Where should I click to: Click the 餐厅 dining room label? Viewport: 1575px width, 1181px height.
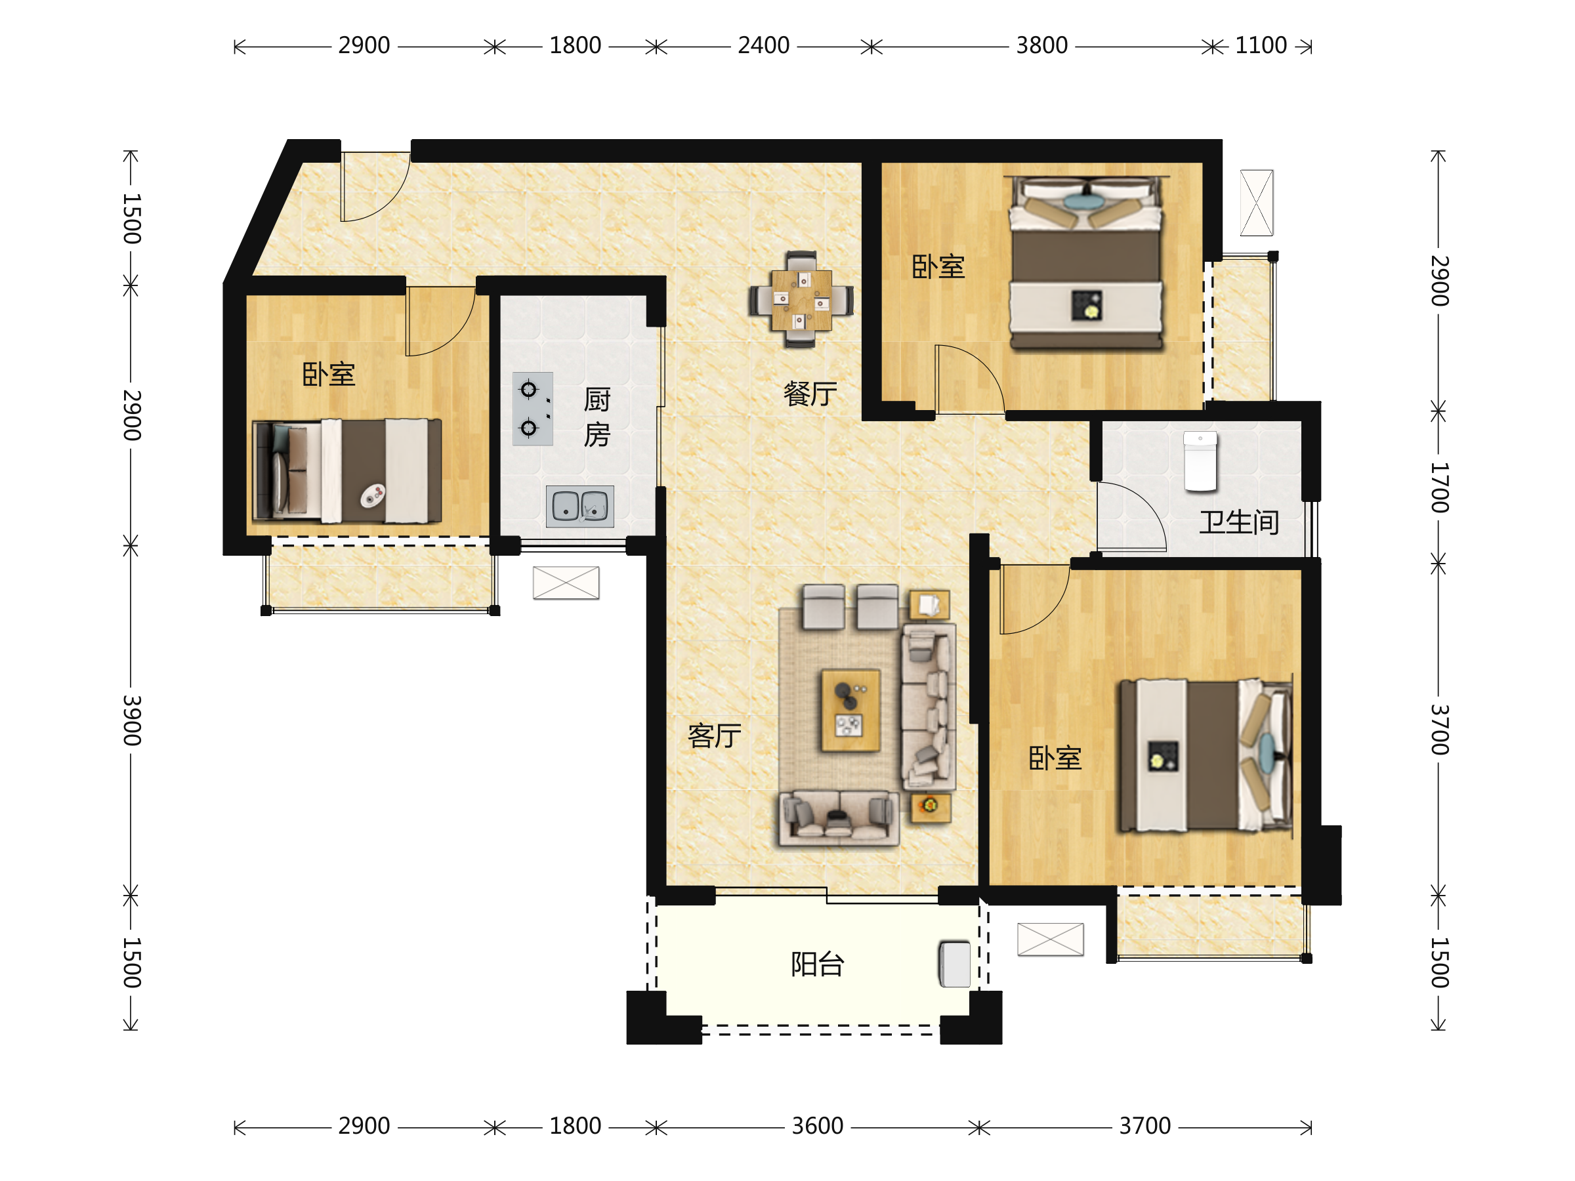click(x=810, y=394)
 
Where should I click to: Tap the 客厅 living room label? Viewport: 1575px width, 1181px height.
click(x=714, y=736)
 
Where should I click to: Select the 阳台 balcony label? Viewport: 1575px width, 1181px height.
click(x=818, y=964)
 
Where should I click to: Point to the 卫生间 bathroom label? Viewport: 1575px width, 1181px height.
click(x=1239, y=522)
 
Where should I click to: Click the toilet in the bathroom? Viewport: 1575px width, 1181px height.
click(x=1200, y=461)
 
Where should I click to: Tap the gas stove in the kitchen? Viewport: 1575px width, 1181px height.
click(x=533, y=409)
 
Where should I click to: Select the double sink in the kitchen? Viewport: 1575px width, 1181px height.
click(x=579, y=506)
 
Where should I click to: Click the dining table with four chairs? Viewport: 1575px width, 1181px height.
click(x=801, y=300)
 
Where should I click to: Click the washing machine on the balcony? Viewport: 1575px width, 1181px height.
click(x=955, y=964)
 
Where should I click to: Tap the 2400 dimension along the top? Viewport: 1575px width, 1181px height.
click(x=763, y=45)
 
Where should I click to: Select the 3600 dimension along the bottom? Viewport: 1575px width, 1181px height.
click(x=818, y=1126)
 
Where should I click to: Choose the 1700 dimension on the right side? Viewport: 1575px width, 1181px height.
click(x=1440, y=487)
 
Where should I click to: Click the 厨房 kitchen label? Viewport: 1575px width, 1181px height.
click(x=597, y=417)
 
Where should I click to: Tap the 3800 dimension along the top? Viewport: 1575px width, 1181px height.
click(x=1041, y=45)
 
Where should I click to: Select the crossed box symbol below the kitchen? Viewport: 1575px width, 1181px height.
click(x=566, y=583)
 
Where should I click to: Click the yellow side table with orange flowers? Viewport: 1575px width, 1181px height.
click(x=931, y=808)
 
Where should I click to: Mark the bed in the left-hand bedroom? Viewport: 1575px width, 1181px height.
click(x=347, y=470)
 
